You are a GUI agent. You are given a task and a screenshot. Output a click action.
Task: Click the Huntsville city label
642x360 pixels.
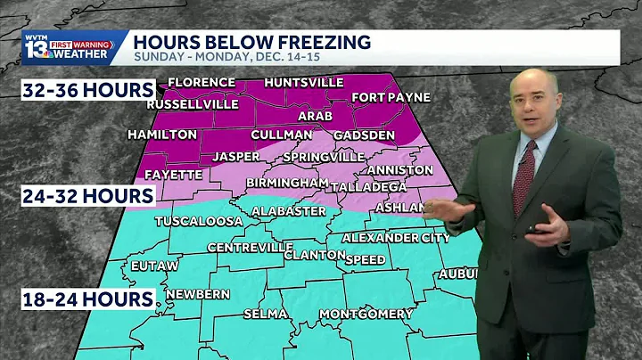coord(303,83)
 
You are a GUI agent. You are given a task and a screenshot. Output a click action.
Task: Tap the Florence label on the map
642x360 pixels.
coord(202,83)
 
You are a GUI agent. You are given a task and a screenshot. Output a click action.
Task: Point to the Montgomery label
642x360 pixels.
coord(366,314)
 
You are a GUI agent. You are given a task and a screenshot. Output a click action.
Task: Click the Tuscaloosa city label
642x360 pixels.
coord(199,220)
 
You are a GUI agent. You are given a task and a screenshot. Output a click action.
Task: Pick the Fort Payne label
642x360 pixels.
coord(391,97)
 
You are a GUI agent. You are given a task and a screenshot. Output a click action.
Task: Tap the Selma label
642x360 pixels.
coord(264,314)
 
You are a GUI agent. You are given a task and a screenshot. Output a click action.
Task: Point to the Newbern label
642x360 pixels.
coord(198,294)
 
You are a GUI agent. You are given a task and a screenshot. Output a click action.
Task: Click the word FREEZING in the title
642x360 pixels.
coord(311,41)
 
